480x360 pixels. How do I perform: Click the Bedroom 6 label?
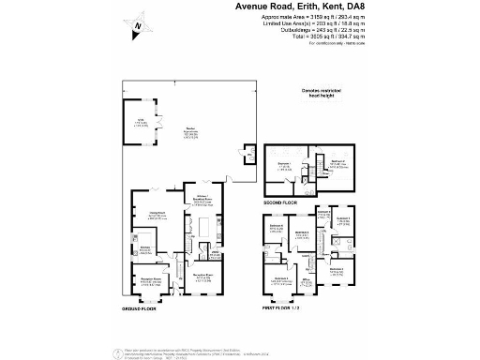(277, 226)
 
